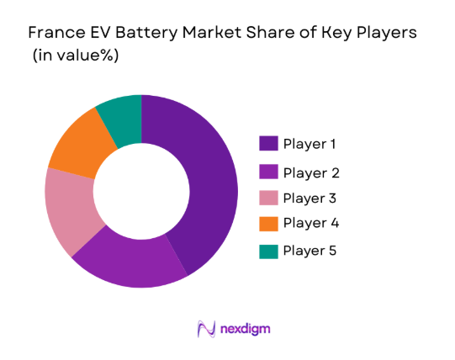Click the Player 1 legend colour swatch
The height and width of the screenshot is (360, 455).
click(x=267, y=144)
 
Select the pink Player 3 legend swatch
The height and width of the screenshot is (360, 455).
click(x=267, y=199)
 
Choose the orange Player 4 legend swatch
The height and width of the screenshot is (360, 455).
click(x=267, y=225)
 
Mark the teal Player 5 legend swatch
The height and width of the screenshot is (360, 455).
click(x=267, y=251)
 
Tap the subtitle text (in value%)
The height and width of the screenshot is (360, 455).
click(x=75, y=56)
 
